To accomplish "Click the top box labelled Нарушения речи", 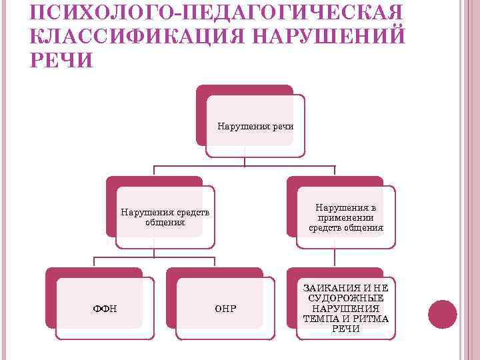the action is (x=255, y=126).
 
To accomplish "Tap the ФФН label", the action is (x=104, y=309).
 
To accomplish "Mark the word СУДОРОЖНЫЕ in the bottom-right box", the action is (x=346, y=298).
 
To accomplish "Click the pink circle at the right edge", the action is (x=442, y=313).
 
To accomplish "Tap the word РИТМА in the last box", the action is (x=373, y=319).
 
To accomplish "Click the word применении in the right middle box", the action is (x=346, y=217).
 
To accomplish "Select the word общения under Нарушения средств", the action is (x=164, y=223).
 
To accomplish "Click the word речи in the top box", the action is (x=282, y=126).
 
